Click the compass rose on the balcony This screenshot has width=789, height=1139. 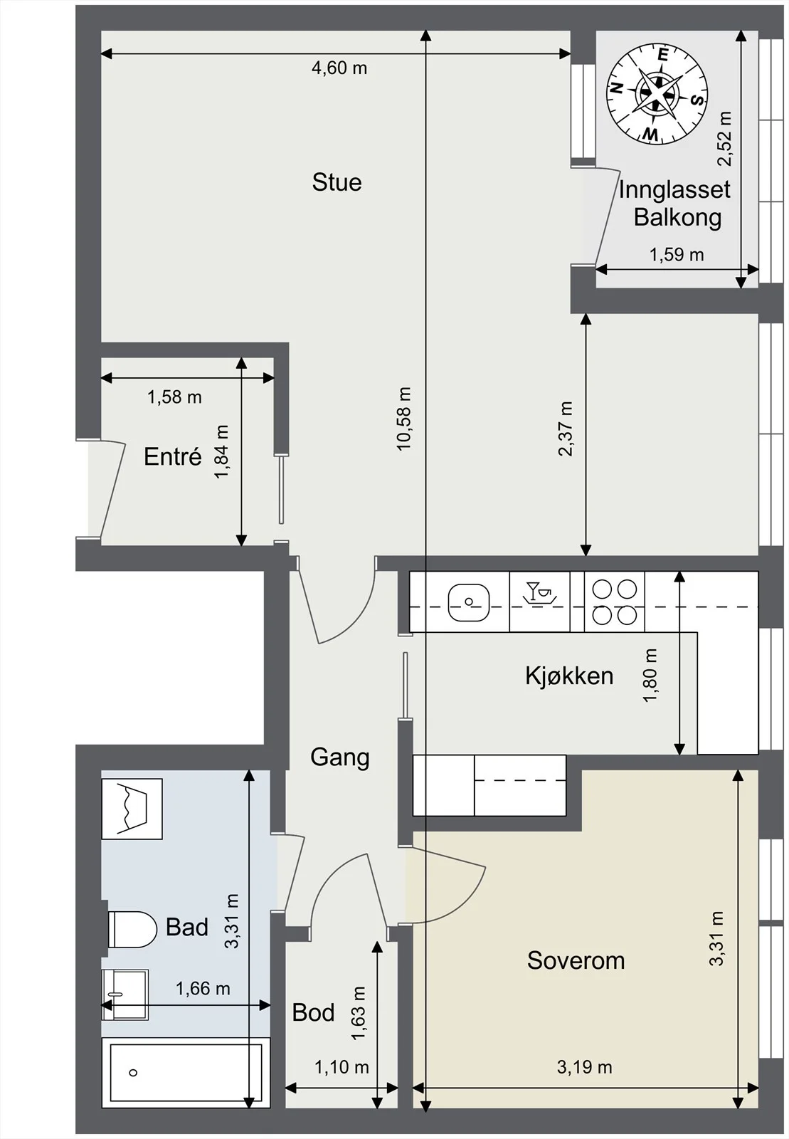[657, 93]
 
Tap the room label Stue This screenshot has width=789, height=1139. [337, 182]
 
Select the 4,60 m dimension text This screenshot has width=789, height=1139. [339, 68]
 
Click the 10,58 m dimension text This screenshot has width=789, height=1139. [404, 419]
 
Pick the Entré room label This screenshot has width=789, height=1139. [173, 456]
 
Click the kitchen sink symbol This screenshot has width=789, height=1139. [469, 602]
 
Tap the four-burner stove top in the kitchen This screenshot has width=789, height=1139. [614, 602]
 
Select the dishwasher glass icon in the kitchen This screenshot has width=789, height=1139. [539, 592]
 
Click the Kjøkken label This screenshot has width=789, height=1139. [569, 676]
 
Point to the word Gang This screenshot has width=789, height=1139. [339, 757]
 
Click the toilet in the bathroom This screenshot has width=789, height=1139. [132, 930]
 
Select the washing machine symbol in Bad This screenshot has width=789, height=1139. [132, 809]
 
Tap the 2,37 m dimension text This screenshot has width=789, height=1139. [566, 429]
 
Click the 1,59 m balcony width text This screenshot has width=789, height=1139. [677, 254]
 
